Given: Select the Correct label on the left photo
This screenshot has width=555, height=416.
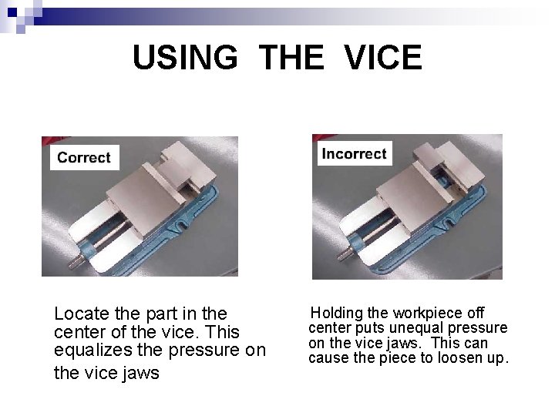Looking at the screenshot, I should point(84,158).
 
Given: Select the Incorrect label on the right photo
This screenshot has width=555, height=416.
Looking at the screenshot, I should point(354,153).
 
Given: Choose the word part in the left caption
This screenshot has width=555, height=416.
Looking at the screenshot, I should point(153,314).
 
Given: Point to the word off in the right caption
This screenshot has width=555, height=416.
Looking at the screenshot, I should point(476,314).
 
